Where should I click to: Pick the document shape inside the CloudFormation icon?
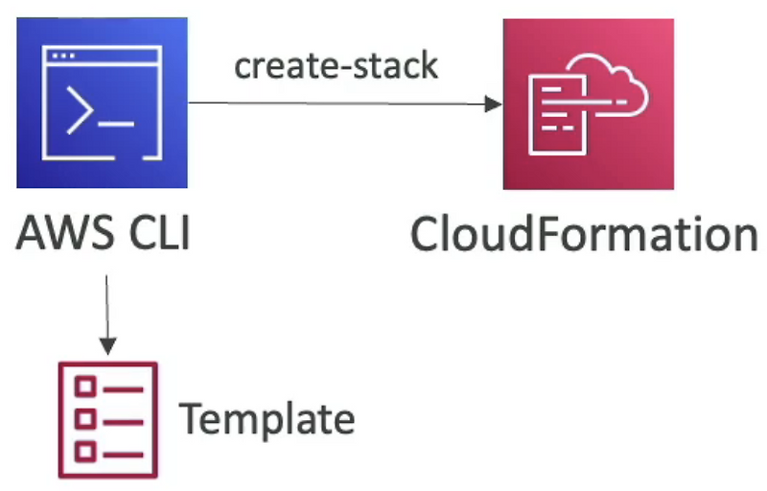pyautogui.click(x=558, y=113)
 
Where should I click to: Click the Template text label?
pyautogui.click(x=267, y=419)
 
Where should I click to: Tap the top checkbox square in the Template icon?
pyautogui.click(x=84, y=387)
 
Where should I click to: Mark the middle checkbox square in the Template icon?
pyautogui.click(x=84, y=419)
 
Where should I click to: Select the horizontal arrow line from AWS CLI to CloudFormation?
pyautogui.click(x=336, y=104)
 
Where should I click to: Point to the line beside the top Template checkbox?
pyautogui.click(x=123, y=388)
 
